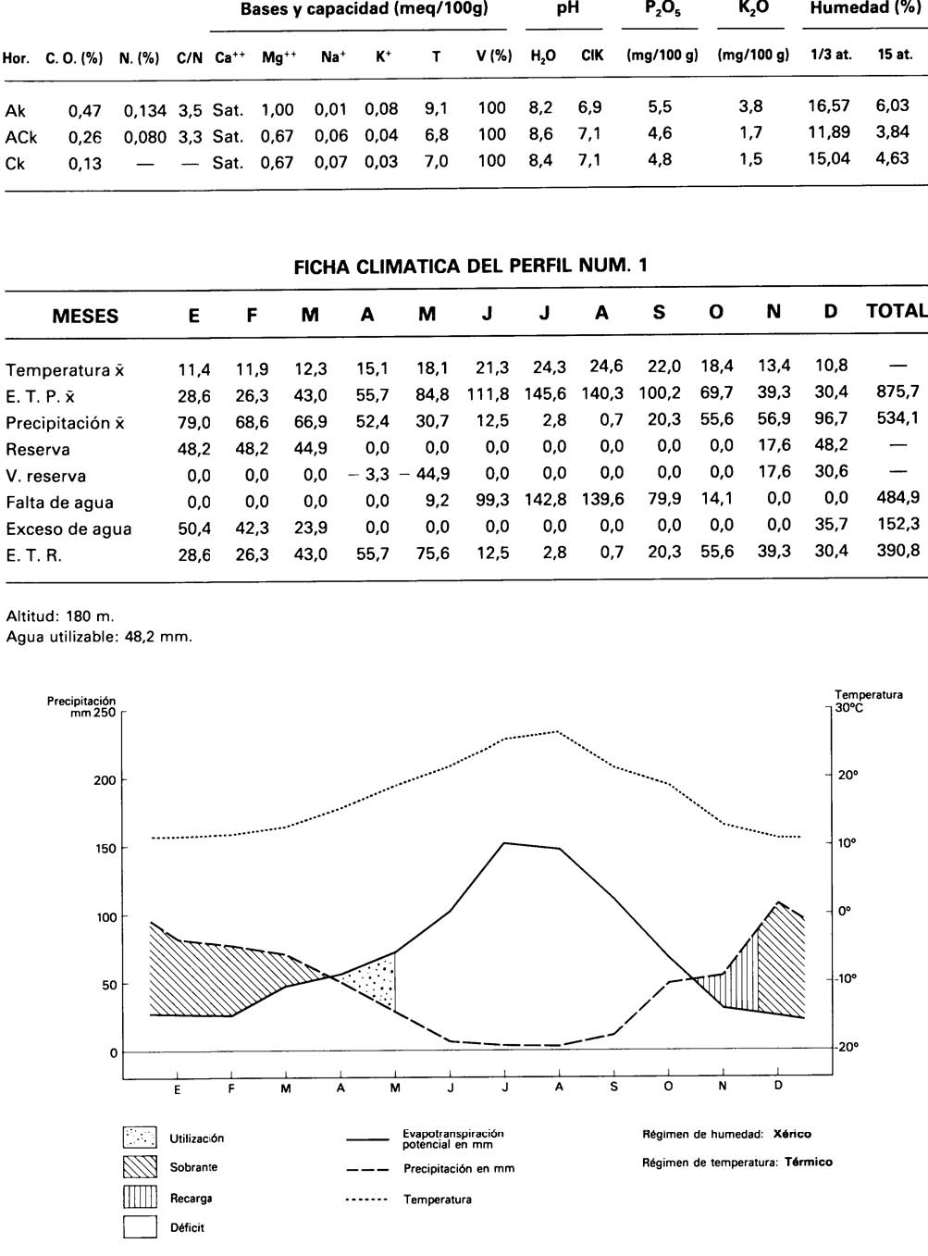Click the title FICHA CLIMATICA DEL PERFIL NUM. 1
coord(470,267)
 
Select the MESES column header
coord(85,316)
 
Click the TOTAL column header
coord(896,311)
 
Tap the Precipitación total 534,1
coord(897,418)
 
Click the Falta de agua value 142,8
coord(545,499)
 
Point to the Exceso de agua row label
coord(68,529)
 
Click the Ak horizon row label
coord(16,111)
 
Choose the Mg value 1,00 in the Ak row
coord(277,110)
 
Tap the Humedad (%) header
coord(864,9)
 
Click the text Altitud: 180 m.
coord(60,616)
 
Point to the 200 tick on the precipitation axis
coord(105,780)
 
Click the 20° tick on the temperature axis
coord(848,776)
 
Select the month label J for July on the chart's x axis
coord(505,1088)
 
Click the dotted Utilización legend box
coord(140,1138)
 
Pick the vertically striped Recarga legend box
coord(140,1198)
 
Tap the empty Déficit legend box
coord(140,1227)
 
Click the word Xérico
coord(792,1134)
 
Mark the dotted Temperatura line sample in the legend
coord(368,1200)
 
